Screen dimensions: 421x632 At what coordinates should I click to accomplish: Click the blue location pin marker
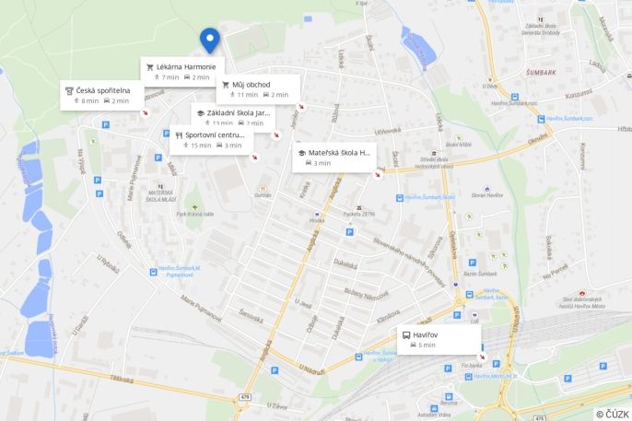(210, 39)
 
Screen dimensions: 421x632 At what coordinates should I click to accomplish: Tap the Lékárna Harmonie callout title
(186, 67)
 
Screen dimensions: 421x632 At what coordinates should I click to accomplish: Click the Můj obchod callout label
(252, 85)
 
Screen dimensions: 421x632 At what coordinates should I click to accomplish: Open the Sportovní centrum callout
(215, 134)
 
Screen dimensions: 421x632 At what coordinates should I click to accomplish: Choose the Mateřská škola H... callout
(339, 153)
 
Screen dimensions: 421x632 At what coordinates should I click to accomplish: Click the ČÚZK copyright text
(613, 415)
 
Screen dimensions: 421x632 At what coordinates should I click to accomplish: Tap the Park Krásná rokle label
(195, 214)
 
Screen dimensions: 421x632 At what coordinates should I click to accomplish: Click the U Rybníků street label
(109, 263)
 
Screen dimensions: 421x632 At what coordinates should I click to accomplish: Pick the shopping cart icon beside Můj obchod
(226, 85)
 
